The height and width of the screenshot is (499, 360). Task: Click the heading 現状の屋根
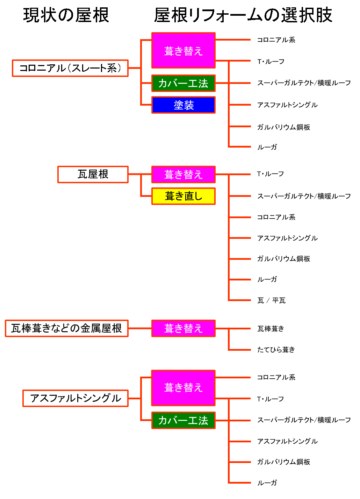coord(66,15)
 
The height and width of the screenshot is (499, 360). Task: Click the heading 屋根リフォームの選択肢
coord(243,15)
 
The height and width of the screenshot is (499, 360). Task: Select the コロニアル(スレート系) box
coord(70,68)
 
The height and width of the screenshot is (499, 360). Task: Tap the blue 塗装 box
coord(183,105)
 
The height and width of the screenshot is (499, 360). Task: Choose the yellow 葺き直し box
coord(183,196)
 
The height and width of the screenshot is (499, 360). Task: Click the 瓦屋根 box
coord(93,174)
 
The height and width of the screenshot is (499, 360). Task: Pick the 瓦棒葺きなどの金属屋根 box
coord(66,328)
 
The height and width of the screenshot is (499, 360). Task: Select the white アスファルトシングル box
coord(75,398)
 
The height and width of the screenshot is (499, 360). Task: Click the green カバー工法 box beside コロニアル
coord(183,83)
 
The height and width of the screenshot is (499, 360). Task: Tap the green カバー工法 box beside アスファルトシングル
coord(183,420)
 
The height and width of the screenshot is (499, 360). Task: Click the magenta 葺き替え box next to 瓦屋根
coord(183,174)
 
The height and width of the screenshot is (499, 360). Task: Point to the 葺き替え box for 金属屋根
coord(183,328)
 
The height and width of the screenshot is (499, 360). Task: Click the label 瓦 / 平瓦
coord(271,300)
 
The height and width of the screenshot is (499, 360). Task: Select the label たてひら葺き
coord(276,350)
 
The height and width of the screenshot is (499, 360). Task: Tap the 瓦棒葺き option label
coord(271,329)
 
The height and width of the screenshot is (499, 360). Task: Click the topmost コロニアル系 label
coord(276,40)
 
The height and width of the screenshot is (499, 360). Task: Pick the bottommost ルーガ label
coord(267,483)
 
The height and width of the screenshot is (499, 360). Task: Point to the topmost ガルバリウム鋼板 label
coord(284,127)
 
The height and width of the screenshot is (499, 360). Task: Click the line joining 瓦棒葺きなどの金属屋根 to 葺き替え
coord(140,328)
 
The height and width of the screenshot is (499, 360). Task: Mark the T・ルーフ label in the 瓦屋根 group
coord(271,174)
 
